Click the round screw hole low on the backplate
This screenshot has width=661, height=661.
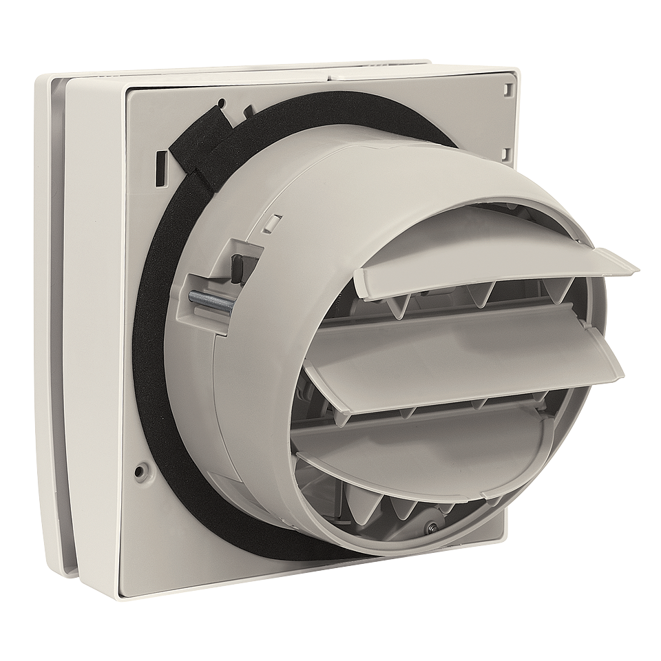[x=140, y=472]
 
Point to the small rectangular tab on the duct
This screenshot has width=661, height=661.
[x=273, y=222]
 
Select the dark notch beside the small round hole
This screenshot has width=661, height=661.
[x=246, y=109]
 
